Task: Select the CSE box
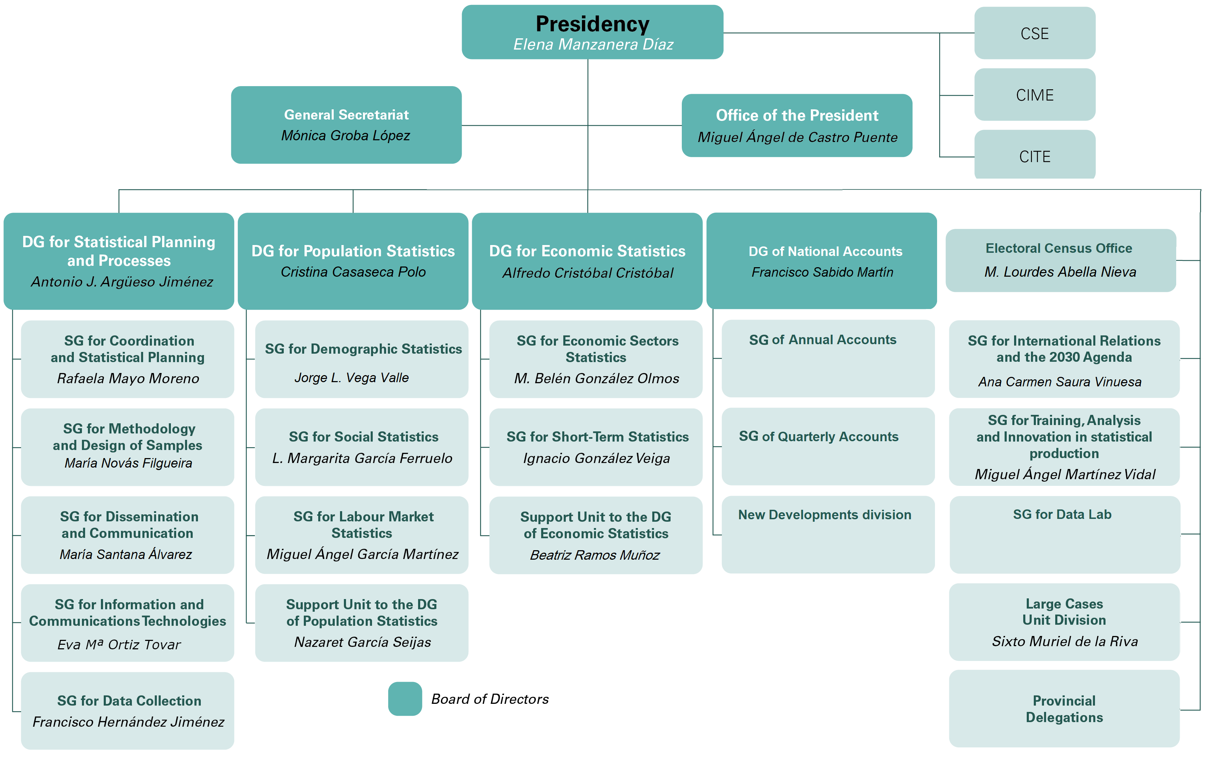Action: click(x=1034, y=33)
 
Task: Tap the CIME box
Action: click(x=1034, y=95)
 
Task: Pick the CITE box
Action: click(x=1034, y=156)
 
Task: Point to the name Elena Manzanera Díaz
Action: click(x=593, y=45)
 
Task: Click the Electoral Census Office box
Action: click(x=1060, y=260)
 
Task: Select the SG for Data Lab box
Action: click(x=1064, y=534)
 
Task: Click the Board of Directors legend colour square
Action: click(x=405, y=698)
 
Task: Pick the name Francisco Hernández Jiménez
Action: click(x=128, y=722)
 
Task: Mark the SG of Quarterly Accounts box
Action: click(x=828, y=446)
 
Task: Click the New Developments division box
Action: click(x=828, y=534)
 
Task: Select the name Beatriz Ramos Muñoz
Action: click(x=595, y=555)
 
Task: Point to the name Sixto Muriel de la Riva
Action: click(x=1064, y=641)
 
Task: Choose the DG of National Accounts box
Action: click(x=821, y=261)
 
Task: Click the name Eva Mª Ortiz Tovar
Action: click(x=119, y=644)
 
